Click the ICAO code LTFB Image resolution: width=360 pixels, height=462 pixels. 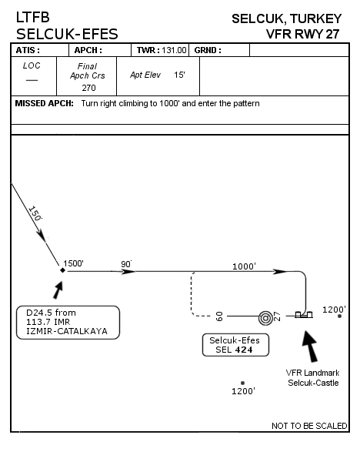[x=32, y=18]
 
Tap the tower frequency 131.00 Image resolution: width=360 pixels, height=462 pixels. [x=174, y=50]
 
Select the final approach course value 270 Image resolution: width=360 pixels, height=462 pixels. [x=88, y=88]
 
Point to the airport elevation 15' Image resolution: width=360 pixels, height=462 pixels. [x=179, y=75]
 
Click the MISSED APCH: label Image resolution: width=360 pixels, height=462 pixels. [x=44, y=103]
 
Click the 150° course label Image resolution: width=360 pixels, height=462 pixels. [x=35, y=213]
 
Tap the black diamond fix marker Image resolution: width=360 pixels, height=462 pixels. [x=62, y=270]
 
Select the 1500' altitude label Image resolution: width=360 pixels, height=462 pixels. [x=73, y=263]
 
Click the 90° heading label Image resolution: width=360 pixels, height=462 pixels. [x=126, y=264]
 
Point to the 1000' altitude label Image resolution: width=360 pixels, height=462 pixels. [x=244, y=266]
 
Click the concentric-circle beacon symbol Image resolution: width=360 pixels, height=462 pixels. [x=265, y=318]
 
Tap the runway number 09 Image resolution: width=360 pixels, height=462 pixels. [x=219, y=316]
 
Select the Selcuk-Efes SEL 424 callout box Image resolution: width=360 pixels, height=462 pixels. [x=235, y=345]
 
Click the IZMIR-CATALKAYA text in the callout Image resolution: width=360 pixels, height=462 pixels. [x=67, y=331]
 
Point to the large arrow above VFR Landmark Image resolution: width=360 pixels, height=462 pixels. [x=311, y=346]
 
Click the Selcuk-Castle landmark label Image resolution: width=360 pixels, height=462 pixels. [x=313, y=383]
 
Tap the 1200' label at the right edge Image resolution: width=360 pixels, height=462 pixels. [x=334, y=310]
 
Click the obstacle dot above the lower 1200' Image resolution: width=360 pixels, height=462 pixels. [x=242, y=383]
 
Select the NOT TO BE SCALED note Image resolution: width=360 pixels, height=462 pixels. [x=309, y=426]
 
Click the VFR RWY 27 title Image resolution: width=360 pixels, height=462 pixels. [x=302, y=34]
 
